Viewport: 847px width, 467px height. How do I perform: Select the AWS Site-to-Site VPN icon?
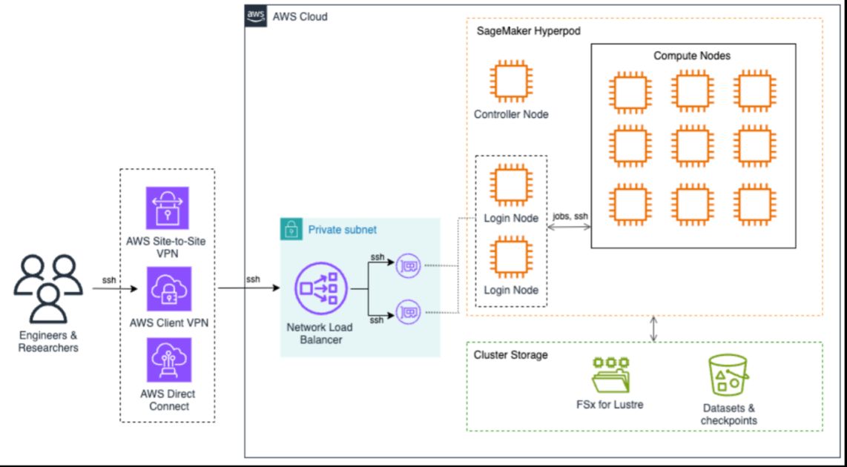point(168,208)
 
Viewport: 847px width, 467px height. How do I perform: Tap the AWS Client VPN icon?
point(168,289)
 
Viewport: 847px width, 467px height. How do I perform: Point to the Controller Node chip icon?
point(511,82)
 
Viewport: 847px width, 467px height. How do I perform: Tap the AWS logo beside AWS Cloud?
point(255,16)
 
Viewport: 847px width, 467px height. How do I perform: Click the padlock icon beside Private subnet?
point(291,229)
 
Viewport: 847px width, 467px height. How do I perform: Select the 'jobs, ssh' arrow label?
point(570,216)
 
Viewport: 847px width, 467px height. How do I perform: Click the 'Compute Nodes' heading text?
point(691,56)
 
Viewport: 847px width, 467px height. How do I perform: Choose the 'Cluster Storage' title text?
point(510,355)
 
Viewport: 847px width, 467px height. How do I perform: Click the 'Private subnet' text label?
point(342,230)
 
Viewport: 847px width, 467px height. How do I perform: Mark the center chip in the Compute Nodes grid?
point(691,147)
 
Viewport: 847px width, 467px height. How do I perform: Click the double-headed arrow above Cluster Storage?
point(653,329)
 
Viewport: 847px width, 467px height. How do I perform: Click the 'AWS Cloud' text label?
point(300,16)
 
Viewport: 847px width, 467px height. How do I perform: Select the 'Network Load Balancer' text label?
point(320,334)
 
